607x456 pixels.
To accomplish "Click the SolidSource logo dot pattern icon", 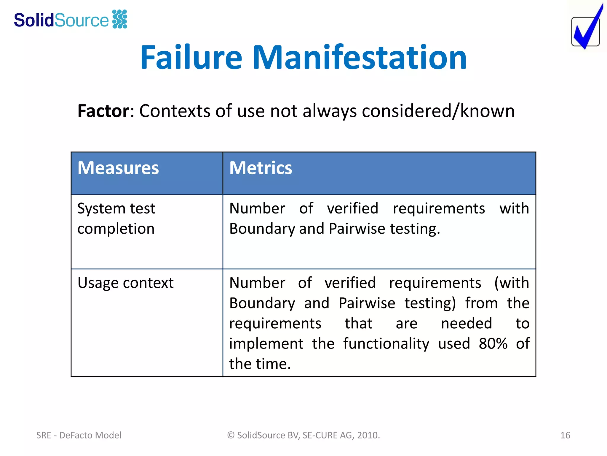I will (120, 19).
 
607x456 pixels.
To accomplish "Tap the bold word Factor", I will (103, 111).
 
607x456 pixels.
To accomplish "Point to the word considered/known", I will (438, 111).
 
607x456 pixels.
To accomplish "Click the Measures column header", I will (118, 168).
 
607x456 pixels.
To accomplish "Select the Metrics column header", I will (261, 168).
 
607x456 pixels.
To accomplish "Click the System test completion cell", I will (116, 218).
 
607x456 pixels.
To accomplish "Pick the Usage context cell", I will (125, 283).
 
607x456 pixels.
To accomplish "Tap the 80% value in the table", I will (493, 343).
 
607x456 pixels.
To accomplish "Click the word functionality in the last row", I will (386, 343).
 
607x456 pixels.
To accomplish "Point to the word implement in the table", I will (266, 343).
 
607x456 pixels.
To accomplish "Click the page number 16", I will (565, 435).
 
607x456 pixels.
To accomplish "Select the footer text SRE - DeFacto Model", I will (79, 435).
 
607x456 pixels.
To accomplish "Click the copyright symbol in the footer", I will (231, 435).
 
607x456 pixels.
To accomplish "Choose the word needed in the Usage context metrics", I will (466, 323).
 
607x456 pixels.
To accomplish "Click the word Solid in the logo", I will (33, 20).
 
